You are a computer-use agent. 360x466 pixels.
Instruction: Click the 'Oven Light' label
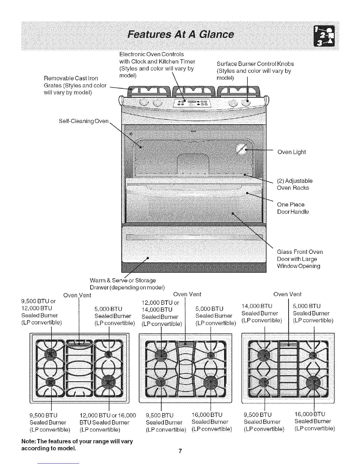pos(291,152)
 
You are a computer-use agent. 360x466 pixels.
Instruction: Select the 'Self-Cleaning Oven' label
pos(84,121)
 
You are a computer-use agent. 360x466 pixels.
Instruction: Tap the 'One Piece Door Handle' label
pos(293,208)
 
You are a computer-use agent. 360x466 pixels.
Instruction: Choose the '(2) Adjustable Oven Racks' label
pos(294,184)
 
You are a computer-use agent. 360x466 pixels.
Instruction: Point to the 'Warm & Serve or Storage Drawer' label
pos(126,284)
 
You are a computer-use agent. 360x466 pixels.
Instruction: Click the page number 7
pos(180,451)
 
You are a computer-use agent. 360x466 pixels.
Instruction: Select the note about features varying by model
pos(77,445)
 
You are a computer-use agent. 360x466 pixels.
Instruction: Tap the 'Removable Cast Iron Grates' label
pos(75,85)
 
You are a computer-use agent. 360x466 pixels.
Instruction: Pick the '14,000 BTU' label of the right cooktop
pos(256,306)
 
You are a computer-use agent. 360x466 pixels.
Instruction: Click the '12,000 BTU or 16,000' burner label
pos(108,415)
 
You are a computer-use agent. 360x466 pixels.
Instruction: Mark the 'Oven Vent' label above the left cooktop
pos(77,295)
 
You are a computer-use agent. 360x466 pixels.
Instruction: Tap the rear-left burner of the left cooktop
pos(50,353)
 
